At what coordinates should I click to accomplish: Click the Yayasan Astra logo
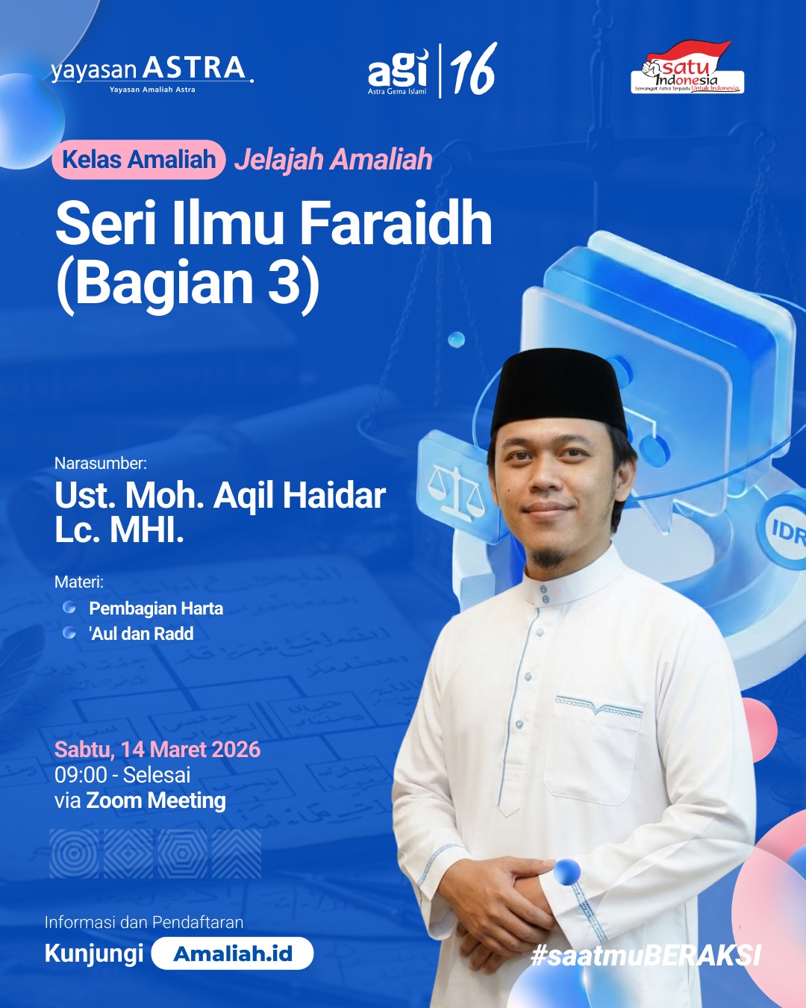(151, 72)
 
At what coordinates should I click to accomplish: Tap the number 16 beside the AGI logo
(473, 70)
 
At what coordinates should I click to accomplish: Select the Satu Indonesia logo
(687, 68)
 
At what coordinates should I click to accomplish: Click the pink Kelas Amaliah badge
(139, 160)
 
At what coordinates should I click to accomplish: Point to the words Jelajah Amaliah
(334, 160)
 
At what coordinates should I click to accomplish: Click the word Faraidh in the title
(396, 223)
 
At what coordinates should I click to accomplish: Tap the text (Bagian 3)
(188, 283)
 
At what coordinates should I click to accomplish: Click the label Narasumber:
(101, 463)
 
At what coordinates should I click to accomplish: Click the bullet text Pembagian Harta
(156, 609)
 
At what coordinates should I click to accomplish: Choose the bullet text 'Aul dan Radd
(141, 634)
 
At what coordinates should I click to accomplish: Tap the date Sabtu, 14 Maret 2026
(157, 750)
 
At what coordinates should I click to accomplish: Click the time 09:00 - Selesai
(122, 775)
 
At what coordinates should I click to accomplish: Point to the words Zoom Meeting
(156, 800)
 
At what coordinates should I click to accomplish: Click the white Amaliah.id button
(232, 953)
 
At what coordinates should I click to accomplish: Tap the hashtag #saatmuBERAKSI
(646, 955)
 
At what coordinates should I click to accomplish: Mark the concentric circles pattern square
(74, 853)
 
